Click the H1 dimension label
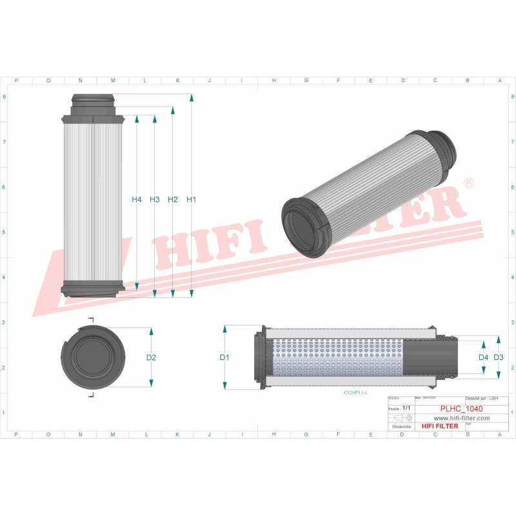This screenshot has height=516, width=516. [x=191, y=200]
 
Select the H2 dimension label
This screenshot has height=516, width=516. [x=172, y=200]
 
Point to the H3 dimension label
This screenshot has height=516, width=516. [x=154, y=200]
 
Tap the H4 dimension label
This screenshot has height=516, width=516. [x=136, y=200]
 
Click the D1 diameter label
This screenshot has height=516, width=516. [x=224, y=357]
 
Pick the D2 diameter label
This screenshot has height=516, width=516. [x=152, y=357]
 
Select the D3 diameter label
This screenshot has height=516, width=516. [x=498, y=357]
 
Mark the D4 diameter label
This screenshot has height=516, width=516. [x=482, y=357]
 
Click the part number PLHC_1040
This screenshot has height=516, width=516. [x=461, y=409]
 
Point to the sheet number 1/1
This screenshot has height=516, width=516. [x=406, y=409]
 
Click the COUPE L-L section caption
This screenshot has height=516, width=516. [x=355, y=393]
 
